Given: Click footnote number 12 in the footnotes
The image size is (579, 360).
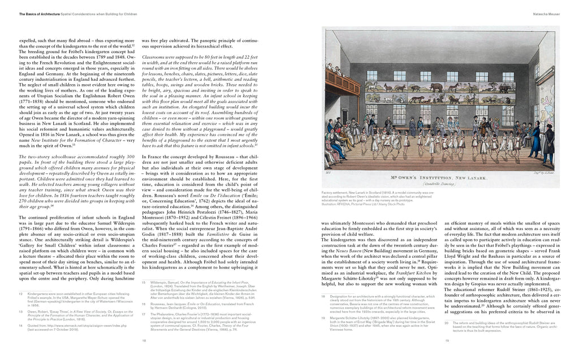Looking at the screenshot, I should [20, 294].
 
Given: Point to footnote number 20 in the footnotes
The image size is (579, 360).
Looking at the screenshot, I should [447, 323].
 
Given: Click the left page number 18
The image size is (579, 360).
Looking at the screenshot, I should [144, 341].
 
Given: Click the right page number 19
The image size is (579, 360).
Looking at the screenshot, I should [447, 341].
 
